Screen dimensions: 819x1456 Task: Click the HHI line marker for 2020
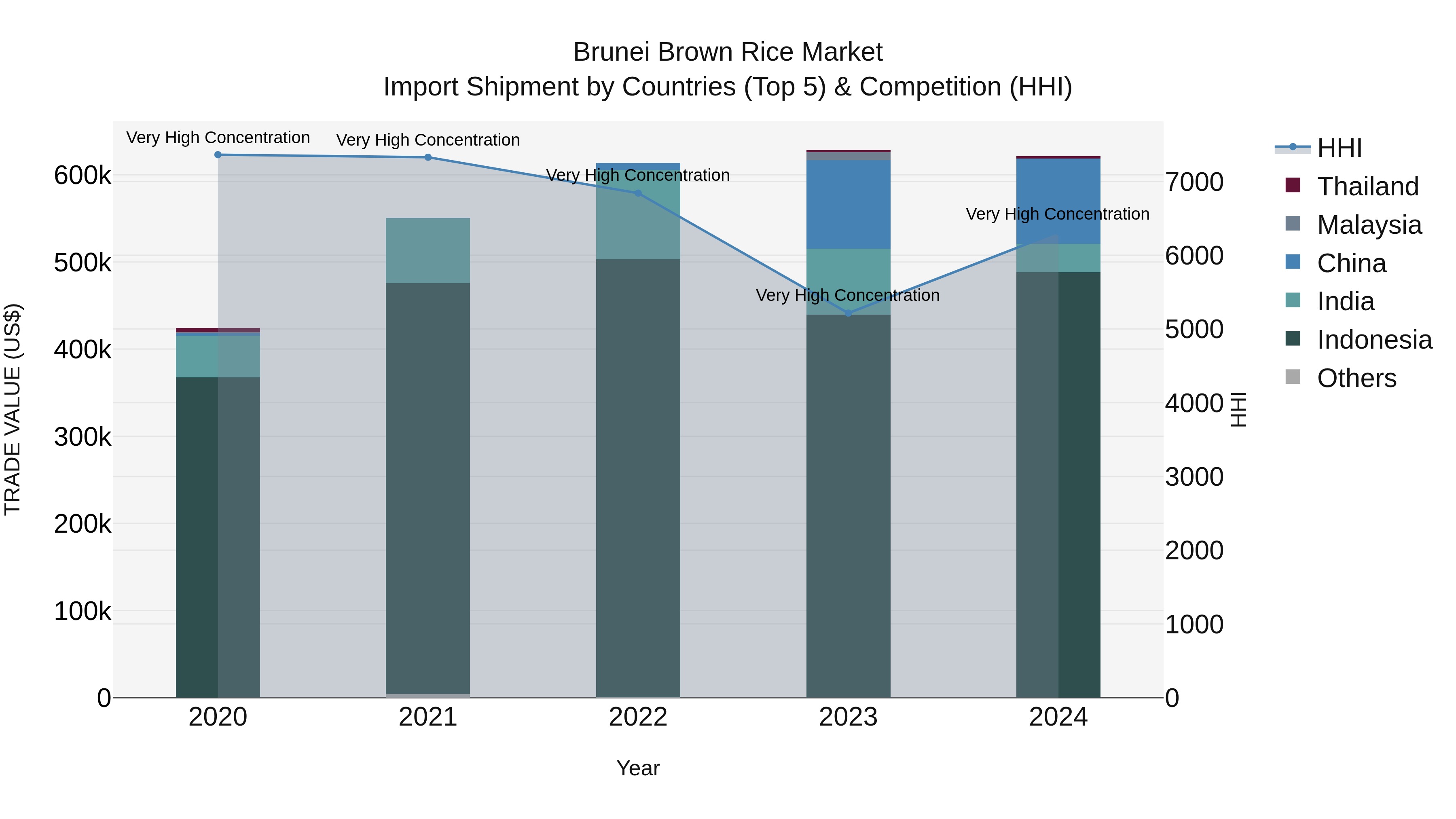(218, 155)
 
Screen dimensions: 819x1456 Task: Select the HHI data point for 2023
(848, 313)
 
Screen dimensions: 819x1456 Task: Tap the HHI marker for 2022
(638, 193)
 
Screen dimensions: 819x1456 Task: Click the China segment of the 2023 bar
(848, 205)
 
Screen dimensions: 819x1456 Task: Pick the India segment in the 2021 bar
(428, 250)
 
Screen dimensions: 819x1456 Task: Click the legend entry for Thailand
(1367, 186)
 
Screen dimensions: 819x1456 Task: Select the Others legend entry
(1356, 378)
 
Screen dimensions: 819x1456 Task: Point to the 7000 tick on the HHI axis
(1194, 182)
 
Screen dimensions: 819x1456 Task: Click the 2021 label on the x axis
(428, 717)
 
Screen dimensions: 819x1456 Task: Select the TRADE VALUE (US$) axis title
(13, 409)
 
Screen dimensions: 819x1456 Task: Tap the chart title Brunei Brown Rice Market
(728, 52)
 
